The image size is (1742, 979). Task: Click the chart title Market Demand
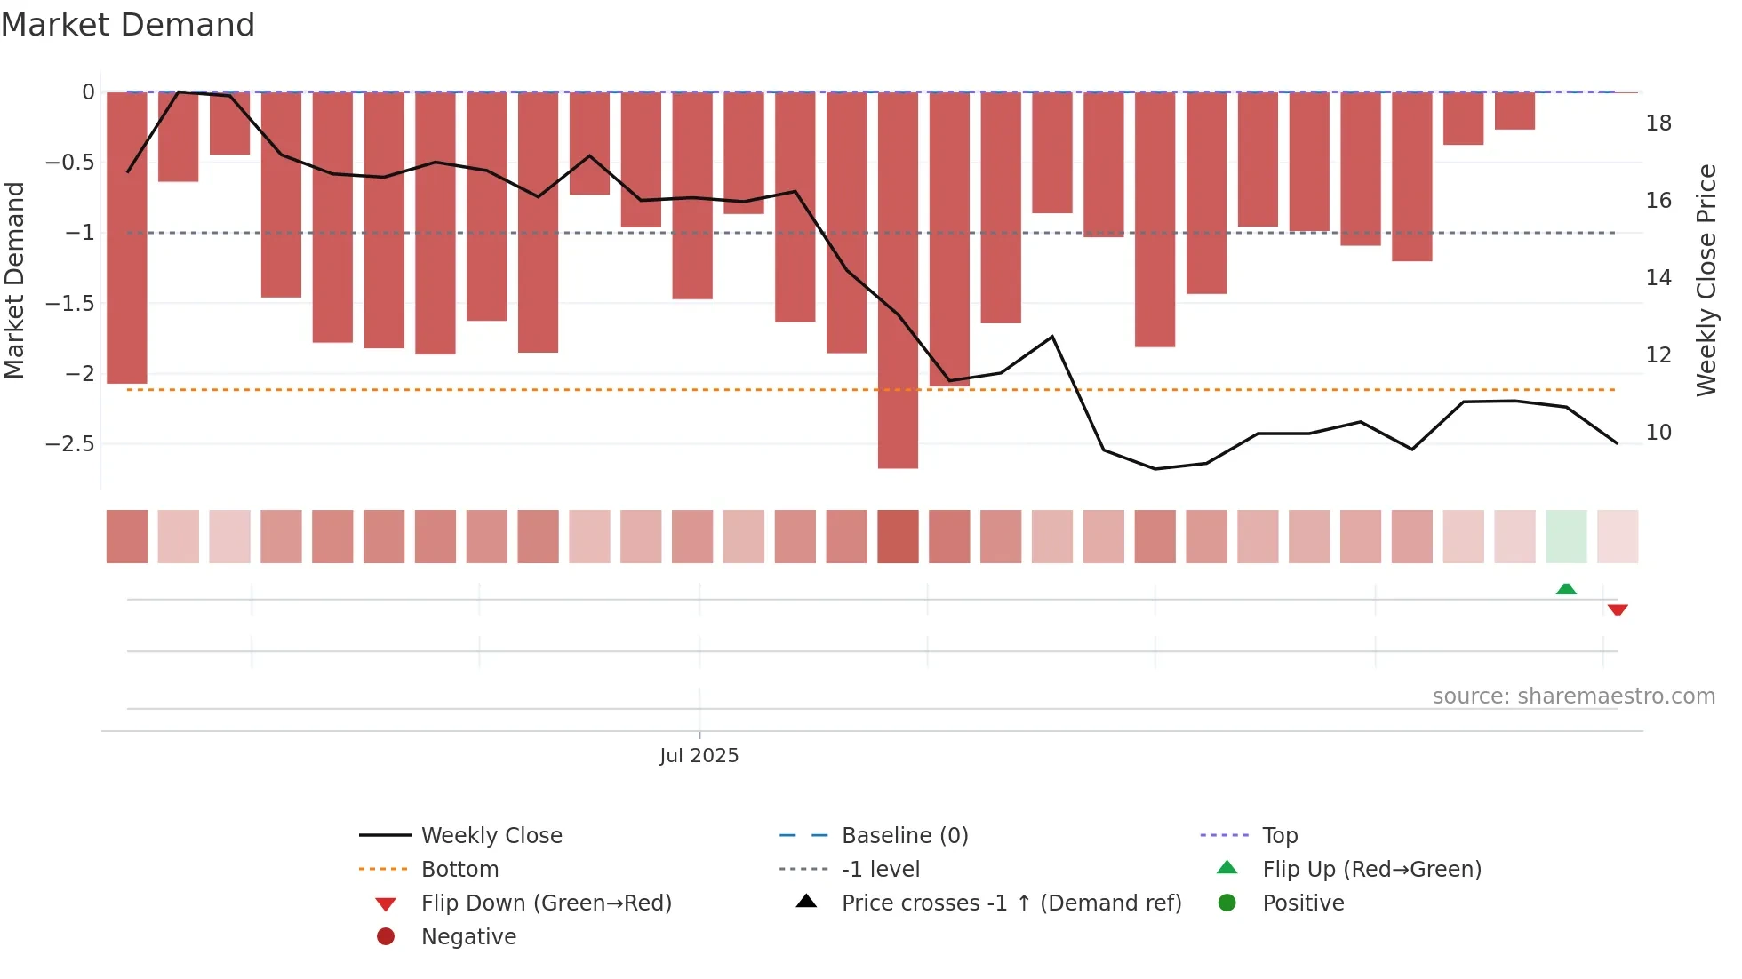pos(128,25)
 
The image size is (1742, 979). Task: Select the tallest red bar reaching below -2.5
pos(898,280)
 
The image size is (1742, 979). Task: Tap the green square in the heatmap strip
pos(1566,537)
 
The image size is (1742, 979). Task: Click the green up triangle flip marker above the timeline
pos(1566,589)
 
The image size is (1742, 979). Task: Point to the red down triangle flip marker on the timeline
pos(1618,609)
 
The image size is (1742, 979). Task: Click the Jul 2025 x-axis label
pos(699,755)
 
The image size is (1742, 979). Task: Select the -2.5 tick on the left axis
pos(69,443)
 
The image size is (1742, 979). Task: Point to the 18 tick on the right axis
pos(1658,123)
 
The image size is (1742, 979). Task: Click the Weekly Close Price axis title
pos(1706,280)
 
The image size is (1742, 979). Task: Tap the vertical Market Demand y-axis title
pos(14,280)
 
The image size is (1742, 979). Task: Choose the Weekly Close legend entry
pos(491,835)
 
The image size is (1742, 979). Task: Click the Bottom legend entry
pos(459,869)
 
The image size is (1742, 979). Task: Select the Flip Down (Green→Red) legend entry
pos(546,903)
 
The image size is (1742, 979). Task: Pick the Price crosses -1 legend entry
pos(1011,903)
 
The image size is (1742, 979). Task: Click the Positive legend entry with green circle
pos(1302,903)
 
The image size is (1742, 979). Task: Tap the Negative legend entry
pos(468,936)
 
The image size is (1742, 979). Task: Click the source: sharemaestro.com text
pos(1573,696)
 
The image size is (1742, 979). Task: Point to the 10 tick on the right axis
pos(1658,433)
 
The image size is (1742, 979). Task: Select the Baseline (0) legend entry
pos(904,835)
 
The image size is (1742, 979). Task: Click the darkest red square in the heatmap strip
pos(898,537)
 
